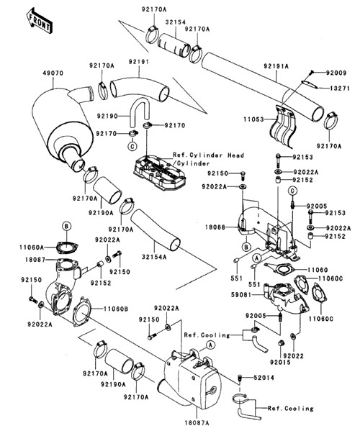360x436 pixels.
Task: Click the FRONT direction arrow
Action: click(x=39, y=21)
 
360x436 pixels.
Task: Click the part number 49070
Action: click(x=53, y=73)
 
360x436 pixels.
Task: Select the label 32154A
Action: click(x=154, y=257)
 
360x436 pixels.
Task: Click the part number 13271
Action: click(x=340, y=88)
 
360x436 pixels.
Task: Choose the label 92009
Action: click(x=336, y=73)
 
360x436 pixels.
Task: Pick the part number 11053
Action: click(x=253, y=119)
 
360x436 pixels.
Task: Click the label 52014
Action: click(x=264, y=378)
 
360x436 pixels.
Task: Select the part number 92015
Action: click(x=280, y=363)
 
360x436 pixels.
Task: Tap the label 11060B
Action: click(x=116, y=309)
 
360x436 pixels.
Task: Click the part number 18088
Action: click(x=215, y=227)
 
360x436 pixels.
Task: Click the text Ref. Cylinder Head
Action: click(x=208, y=155)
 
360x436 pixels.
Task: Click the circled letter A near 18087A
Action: click(x=211, y=345)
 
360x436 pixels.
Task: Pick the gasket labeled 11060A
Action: click(x=67, y=247)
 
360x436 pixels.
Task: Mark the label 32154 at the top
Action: click(x=175, y=22)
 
